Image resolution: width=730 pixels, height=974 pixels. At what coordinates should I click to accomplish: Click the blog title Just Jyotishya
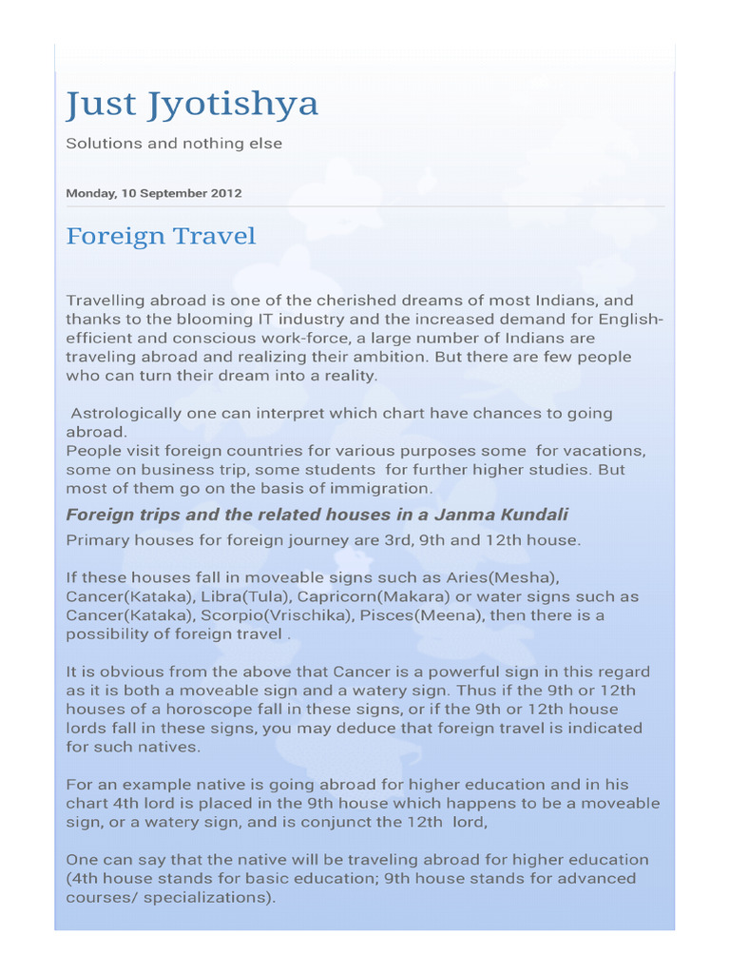[x=191, y=105]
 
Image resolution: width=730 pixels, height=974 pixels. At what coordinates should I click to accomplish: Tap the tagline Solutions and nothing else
[x=173, y=144]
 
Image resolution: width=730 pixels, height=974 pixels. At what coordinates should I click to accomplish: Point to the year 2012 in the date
[x=225, y=193]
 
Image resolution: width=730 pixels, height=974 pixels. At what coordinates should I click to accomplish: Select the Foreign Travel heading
[x=160, y=236]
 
